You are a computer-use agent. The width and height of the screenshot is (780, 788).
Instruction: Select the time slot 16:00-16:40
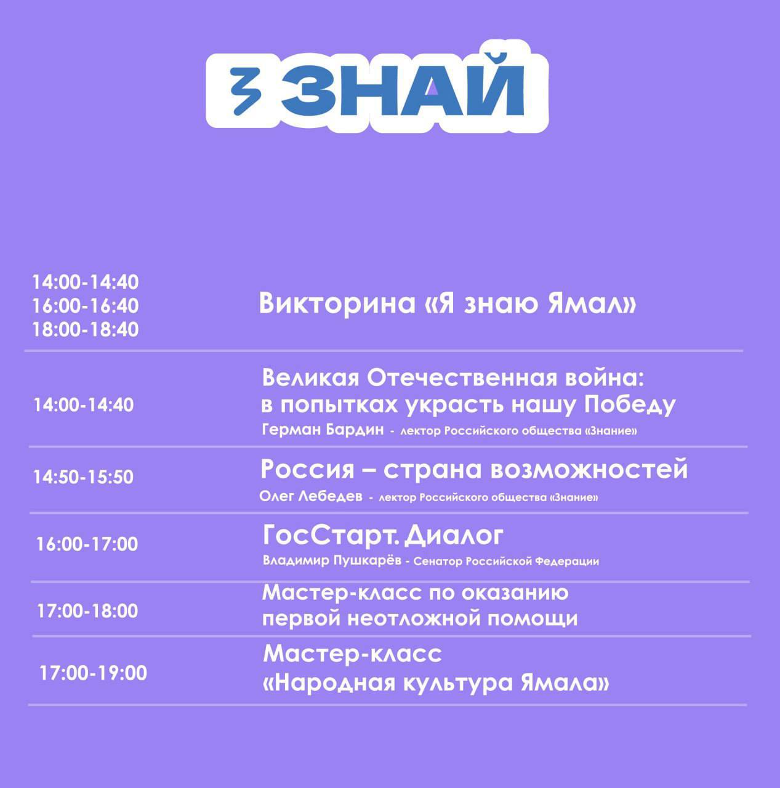point(86,306)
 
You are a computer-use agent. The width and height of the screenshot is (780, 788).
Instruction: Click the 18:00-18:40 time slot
point(86,329)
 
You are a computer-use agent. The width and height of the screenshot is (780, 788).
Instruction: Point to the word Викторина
point(337,304)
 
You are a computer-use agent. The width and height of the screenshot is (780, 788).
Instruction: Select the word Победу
point(630,405)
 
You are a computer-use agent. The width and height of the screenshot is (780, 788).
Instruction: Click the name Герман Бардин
point(323,430)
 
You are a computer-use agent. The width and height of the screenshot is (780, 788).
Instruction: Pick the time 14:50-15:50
point(84,477)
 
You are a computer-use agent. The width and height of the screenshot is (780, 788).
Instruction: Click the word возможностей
point(589,470)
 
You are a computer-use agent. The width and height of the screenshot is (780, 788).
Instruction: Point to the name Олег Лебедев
point(311,496)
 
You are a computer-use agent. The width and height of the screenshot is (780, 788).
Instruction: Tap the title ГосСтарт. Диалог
point(383,535)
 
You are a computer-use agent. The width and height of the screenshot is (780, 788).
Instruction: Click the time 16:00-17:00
point(87,544)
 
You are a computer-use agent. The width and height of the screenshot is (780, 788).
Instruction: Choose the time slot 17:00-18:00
point(87,611)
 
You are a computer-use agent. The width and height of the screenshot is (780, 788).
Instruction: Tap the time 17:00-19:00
point(93,673)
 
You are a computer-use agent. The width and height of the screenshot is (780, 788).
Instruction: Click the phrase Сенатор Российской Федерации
point(506,561)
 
